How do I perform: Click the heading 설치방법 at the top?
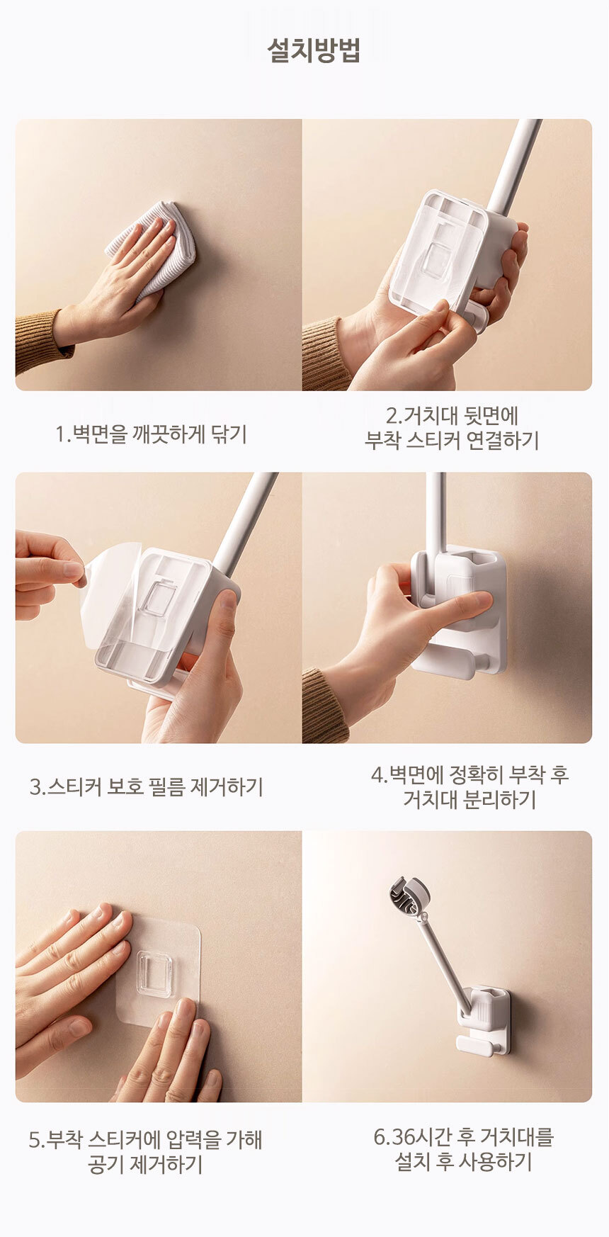(313, 50)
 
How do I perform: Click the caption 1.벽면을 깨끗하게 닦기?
(152, 434)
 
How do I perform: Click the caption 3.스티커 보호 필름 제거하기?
(147, 786)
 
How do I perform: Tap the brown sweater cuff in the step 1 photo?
(41, 341)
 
